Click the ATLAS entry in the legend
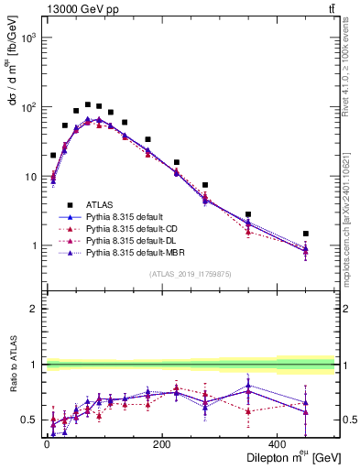(x=100, y=204)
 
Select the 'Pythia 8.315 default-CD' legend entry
(x=138, y=228)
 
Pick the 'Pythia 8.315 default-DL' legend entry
(x=137, y=240)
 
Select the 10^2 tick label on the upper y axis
(x=27, y=107)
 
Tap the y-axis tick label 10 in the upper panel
(x=30, y=176)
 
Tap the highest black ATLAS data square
(x=88, y=104)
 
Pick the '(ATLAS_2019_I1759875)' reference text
(x=191, y=274)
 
